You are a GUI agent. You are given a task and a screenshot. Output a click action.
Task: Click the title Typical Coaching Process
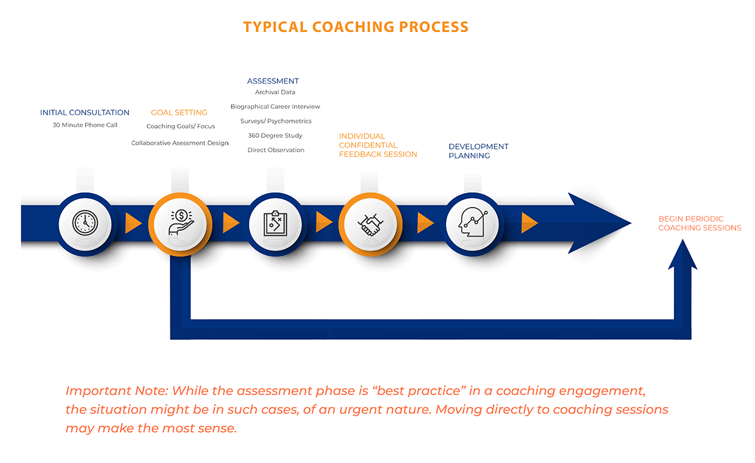pos(355,27)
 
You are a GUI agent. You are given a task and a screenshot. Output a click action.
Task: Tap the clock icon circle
pos(85,223)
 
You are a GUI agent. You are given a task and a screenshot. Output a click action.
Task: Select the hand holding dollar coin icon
pos(179,223)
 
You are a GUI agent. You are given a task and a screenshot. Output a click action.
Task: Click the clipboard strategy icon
pos(275,223)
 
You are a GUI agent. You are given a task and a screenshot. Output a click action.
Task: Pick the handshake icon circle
pos(370,223)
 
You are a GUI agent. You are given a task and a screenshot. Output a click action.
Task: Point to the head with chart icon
pos(473,223)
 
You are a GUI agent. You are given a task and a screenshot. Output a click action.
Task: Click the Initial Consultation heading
pos(85,113)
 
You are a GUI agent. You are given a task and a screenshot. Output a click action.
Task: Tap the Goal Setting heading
pos(179,113)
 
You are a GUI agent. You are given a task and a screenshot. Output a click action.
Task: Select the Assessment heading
pos(273,81)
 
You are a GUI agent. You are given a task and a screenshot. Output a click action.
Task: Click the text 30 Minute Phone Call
pos(85,125)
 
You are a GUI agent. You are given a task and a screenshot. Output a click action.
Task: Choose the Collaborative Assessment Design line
pos(180,143)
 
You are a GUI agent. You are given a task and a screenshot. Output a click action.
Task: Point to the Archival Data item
pos(275,92)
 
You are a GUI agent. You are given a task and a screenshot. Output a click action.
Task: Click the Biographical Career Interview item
pos(275,107)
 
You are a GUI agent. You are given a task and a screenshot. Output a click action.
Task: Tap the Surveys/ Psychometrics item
pos(276,121)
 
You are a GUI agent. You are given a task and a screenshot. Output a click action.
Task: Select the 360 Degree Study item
pos(275,135)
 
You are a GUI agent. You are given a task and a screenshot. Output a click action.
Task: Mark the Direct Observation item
pos(276,150)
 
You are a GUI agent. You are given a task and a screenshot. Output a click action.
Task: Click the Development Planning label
pos(478,151)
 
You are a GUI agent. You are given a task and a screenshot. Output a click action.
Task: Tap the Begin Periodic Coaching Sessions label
pos(700,223)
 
